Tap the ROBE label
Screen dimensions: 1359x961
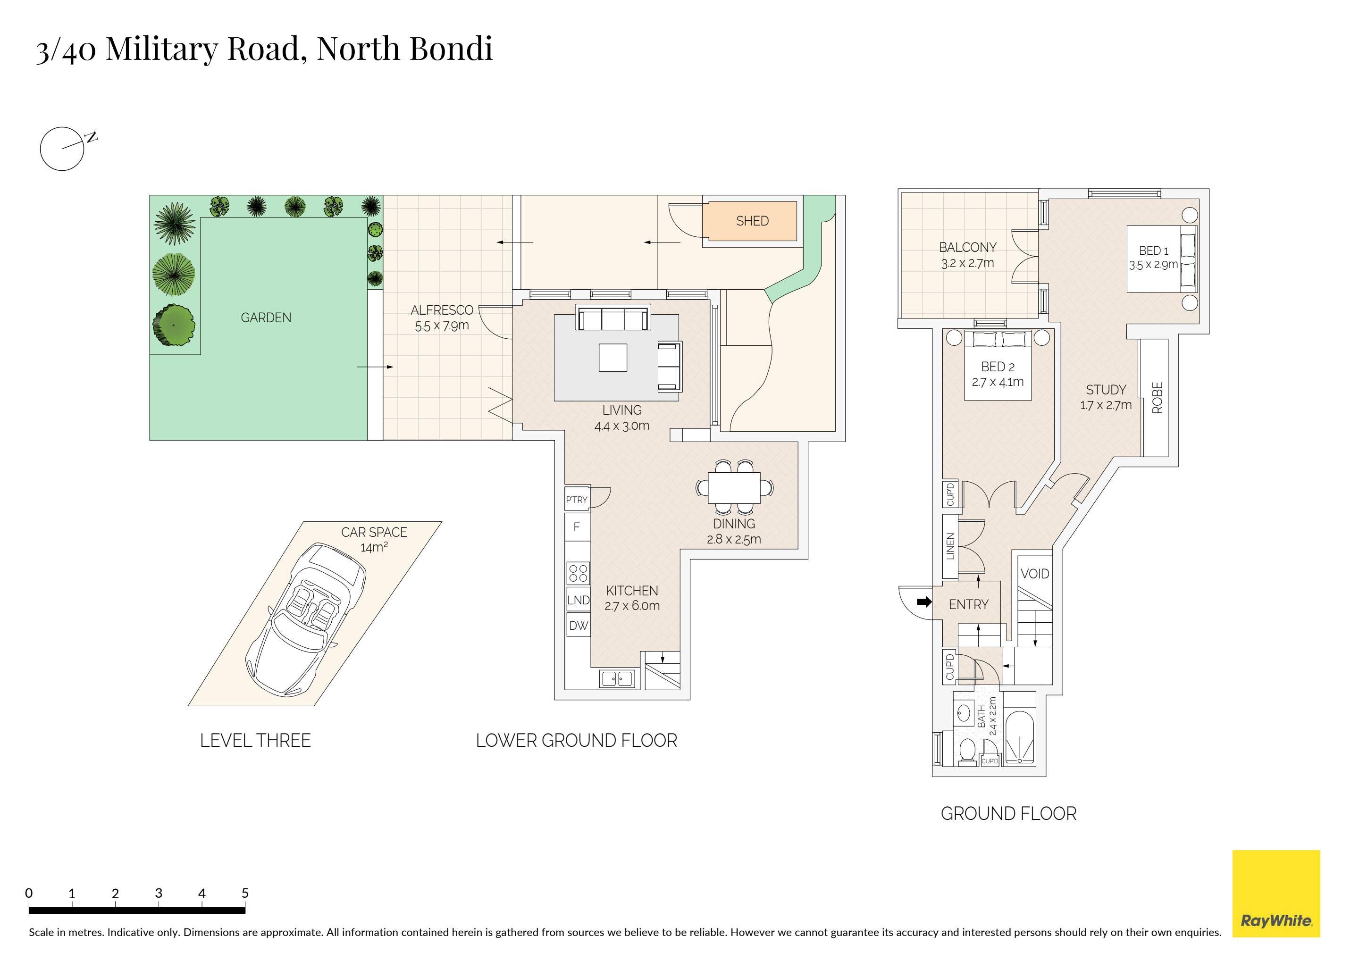coord(1157,398)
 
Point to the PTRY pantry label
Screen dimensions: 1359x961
coord(577,500)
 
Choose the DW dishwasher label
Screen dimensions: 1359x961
coord(579,626)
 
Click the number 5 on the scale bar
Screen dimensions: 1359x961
coord(245,893)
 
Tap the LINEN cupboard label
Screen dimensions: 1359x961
coord(950,546)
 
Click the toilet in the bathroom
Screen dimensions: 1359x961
coord(968,752)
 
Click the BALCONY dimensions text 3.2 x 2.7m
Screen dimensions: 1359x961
coord(968,263)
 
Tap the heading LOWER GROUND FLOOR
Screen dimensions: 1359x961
coord(577,740)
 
